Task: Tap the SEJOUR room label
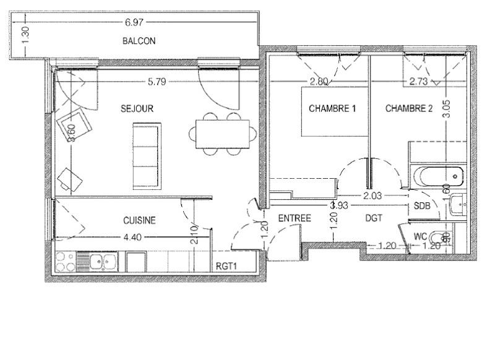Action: coord(137,108)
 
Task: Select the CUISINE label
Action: coord(139,220)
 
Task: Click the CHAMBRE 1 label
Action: coord(332,108)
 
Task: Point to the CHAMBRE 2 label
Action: coord(409,108)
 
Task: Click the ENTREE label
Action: coord(294,218)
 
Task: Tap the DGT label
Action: coord(374,218)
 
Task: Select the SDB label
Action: coord(422,206)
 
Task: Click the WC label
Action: coord(420,236)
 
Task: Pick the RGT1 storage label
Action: coord(228,267)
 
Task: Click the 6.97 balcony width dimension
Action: coord(134,23)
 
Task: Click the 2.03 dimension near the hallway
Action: coord(371,195)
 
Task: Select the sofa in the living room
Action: coord(147,155)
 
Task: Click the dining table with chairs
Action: coord(224,132)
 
